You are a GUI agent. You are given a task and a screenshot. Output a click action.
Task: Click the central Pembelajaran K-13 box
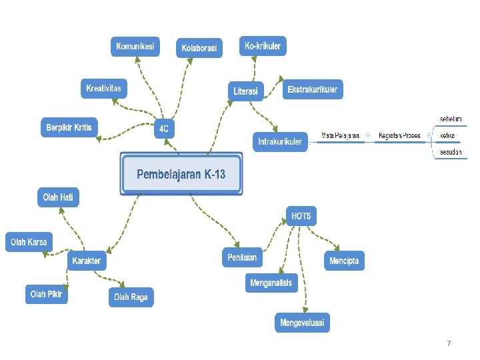(x=181, y=174)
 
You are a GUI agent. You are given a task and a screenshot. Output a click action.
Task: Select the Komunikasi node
(x=135, y=47)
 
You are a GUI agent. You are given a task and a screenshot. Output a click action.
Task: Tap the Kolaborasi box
(x=199, y=48)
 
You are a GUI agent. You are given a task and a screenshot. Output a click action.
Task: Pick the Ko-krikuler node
(x=263, y=46)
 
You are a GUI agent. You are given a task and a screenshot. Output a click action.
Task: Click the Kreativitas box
(x=104, y=89)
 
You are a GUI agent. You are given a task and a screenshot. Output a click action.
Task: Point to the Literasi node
(x=246, y=91)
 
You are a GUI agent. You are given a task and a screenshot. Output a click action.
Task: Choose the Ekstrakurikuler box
(x=313, y=89)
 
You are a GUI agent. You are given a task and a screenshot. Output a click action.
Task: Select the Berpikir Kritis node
(x=69, y=127)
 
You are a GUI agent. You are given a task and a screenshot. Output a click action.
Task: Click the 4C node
(x=163, y=129)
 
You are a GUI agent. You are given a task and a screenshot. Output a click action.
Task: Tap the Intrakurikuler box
(x=280, y=141)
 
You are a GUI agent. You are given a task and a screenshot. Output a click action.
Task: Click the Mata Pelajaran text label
(x=341, y=136)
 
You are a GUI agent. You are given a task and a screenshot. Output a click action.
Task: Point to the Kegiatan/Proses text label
(x=399, y=136)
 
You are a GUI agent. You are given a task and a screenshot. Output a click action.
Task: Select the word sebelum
(x=451, y=119)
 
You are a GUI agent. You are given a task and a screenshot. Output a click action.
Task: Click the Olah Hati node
(x=58, y=197)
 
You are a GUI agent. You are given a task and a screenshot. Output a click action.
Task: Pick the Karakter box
(x=87, y=261)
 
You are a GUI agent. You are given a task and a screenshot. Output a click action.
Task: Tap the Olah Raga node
(x=131, y=297)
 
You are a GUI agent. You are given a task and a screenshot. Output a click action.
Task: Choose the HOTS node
(x=301, y=216)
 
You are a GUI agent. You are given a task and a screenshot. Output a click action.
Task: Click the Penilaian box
(x=242, y=257)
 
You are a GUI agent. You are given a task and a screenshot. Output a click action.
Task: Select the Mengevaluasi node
(x=302, y=323)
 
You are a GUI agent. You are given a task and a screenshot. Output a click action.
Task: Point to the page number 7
(x=449, y=343)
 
